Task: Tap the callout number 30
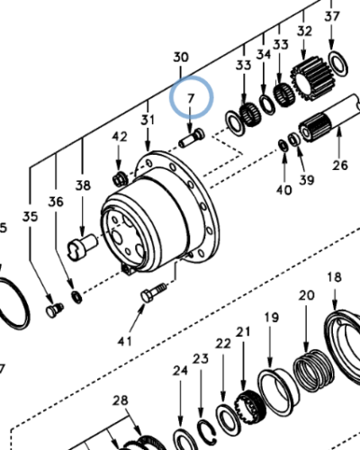point(181,57)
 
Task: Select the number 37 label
point(332,17)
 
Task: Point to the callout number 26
point(339,165)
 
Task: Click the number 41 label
point(124,340)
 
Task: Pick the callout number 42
point(121,136)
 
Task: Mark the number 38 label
point(84,185)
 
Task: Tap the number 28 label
point(121,400)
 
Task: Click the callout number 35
point(31,217)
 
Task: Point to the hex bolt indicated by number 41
point(152,293)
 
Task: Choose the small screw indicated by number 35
point(53,310)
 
